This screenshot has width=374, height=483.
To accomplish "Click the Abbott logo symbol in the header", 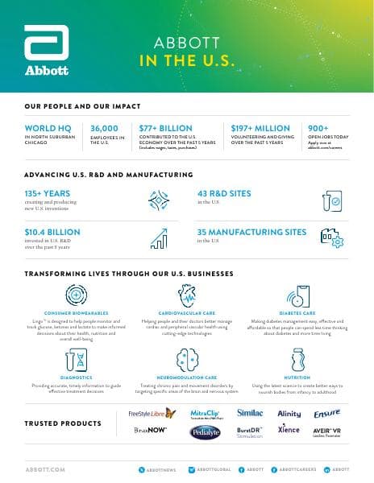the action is [47, 46].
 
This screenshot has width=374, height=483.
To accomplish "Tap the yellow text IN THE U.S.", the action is [187, 60].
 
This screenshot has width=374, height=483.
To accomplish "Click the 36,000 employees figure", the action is [105, 127].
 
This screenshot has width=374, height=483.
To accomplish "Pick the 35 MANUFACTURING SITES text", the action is [251, 232].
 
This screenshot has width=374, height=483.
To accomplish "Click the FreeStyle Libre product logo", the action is [152, 414].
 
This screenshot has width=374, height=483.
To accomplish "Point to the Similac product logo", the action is [250, 413].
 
